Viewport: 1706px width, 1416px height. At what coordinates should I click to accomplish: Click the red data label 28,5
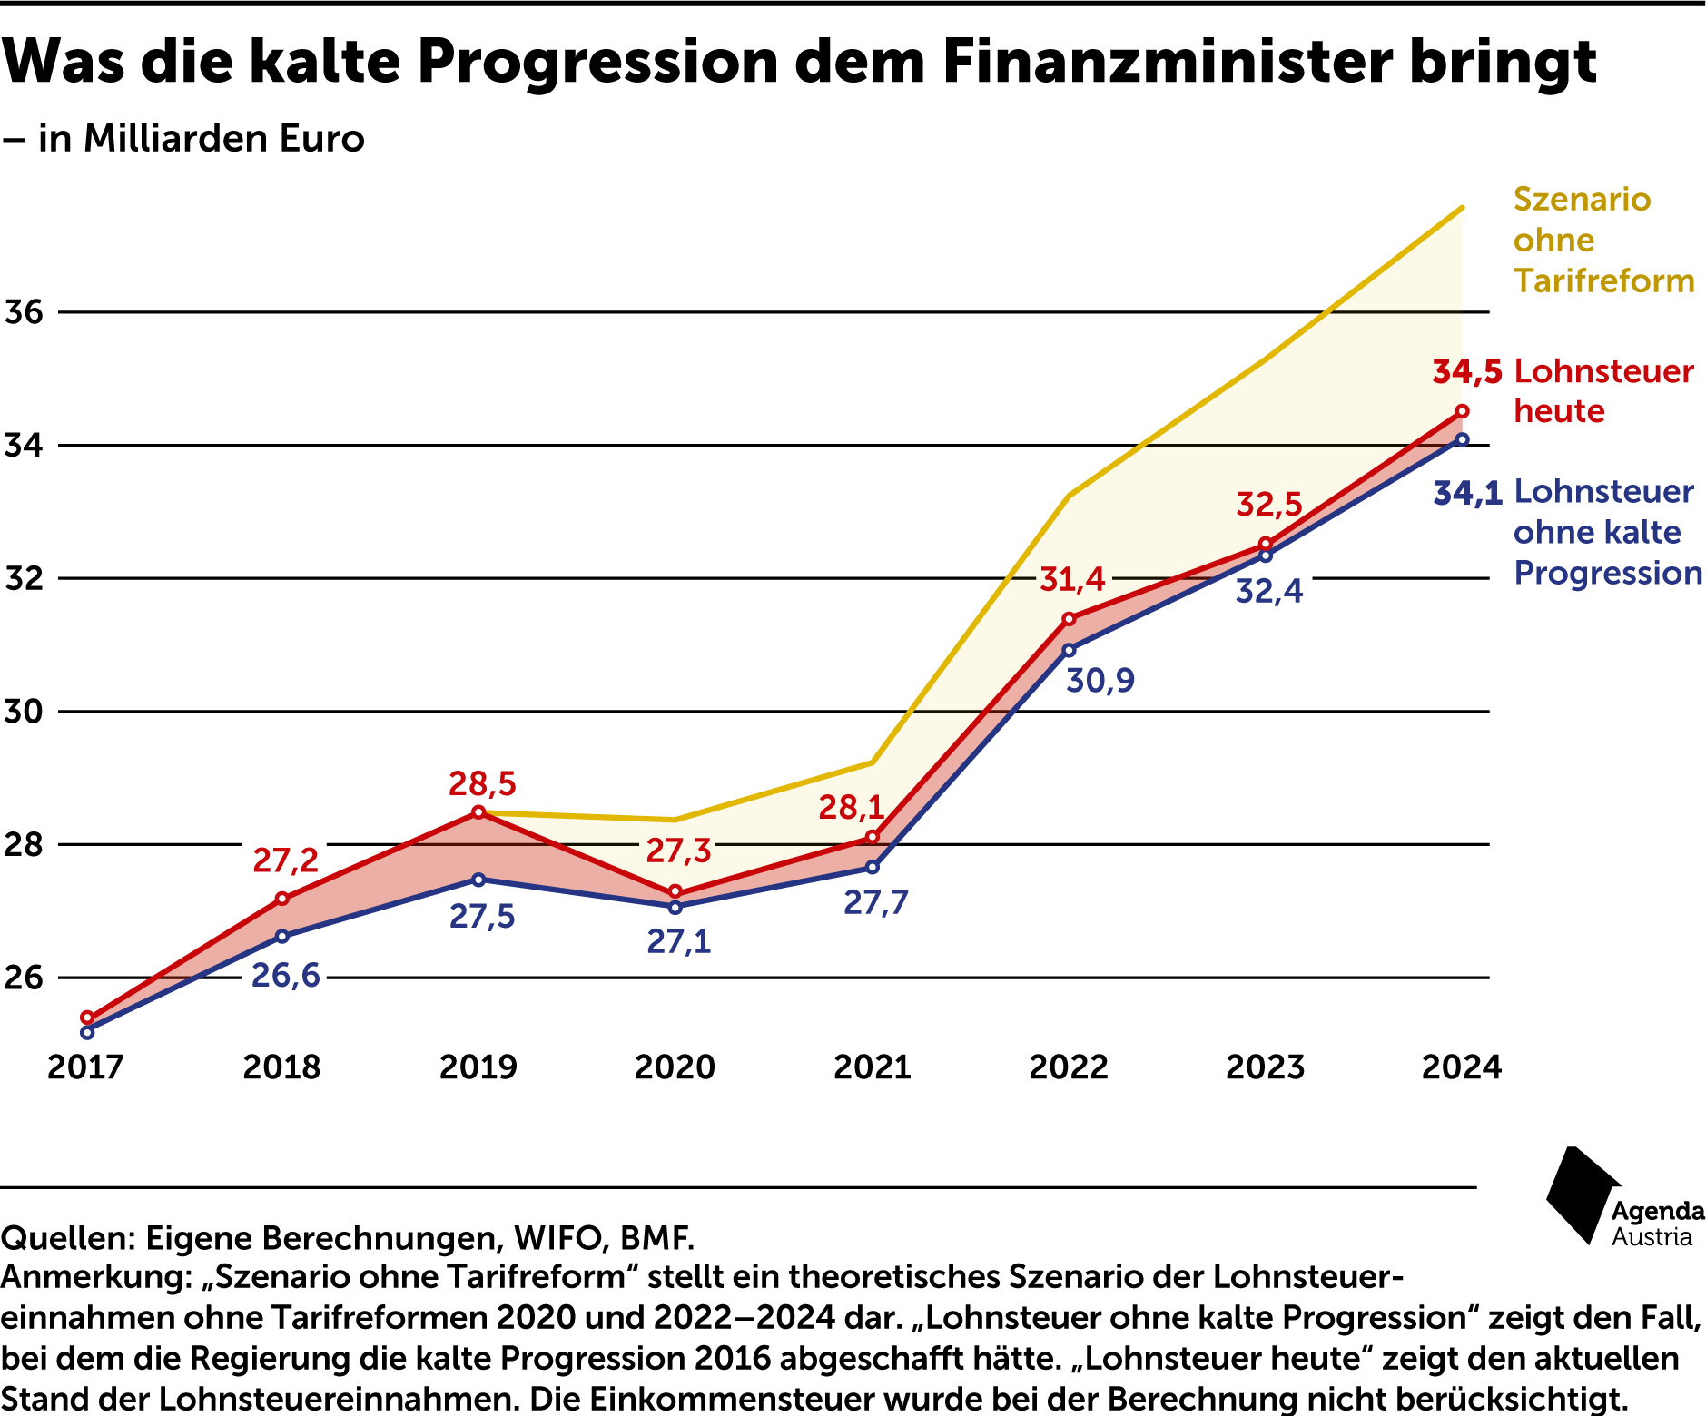click(x=482, y=783)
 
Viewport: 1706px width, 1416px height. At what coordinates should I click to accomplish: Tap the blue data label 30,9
click(x=1100, y=680)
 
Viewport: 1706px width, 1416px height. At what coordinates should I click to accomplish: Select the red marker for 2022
click(x=1069, y=619)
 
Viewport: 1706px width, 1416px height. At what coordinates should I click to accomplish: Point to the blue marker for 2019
click(x=478, y=880)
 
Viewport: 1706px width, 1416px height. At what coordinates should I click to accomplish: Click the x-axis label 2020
click(x=675, y=1067)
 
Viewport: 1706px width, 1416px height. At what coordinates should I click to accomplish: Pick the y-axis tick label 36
click(x=25, y=312)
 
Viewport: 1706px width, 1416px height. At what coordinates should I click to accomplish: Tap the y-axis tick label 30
click(x=25, y=712)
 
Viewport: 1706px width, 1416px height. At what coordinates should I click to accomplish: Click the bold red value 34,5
click(x=1466, y=371)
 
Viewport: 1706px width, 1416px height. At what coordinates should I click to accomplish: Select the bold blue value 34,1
click(x=1466, y=493)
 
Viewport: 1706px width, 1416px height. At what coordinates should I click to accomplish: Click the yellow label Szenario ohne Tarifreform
click(x=1602, y=240)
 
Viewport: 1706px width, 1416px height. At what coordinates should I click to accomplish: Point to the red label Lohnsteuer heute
click(x=1602, y=391)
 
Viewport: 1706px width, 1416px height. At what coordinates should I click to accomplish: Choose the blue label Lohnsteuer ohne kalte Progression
click(x=1606, y=532)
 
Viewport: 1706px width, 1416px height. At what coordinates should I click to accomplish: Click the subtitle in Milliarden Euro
click(x=200, y=139)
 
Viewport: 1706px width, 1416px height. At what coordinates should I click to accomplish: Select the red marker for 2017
click(x=87, y=1018)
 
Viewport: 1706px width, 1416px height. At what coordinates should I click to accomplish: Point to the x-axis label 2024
click(x=1461, y=1067)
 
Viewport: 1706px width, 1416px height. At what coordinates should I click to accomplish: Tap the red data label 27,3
click(x=678, y=851)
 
